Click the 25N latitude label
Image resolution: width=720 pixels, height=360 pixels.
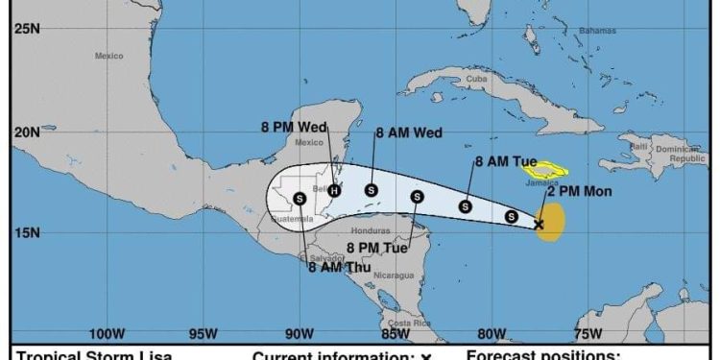[26, 28]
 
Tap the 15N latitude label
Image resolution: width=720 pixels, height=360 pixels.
[26, 232]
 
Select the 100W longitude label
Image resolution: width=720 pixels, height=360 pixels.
[107, 334]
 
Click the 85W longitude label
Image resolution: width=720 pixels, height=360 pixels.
[396, 334]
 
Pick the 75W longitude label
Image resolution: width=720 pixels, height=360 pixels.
[588, 334]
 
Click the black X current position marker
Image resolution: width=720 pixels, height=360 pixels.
[539, 225]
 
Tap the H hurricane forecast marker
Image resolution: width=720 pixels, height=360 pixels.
[334, 190]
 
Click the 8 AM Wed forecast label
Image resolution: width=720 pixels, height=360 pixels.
[409, 133]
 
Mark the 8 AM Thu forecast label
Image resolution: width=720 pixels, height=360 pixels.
[338, 268]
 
